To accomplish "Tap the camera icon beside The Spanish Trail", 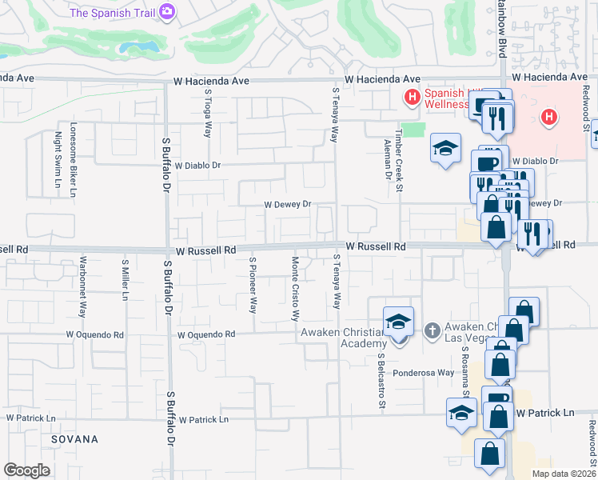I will coord(167,12).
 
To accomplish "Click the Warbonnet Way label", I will coord(83,286).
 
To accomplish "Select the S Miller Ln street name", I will coord(125,280).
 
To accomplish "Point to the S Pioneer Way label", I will coord(253,284).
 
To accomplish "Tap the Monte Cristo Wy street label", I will coord(295,288).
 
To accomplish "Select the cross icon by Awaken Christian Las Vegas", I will coord(432,330).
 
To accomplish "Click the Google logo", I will coord(26,470).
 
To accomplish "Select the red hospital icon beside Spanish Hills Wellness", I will coord(413,98).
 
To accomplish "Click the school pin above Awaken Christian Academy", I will coord(398,322).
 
